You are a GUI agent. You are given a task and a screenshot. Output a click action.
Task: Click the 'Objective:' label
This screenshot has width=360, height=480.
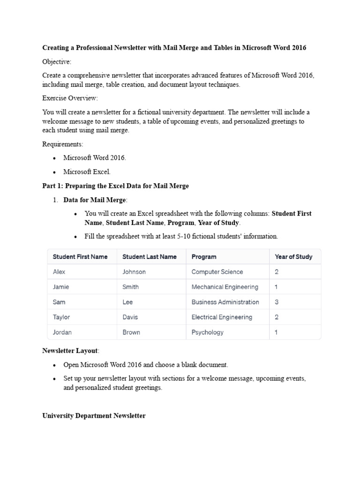tap(57, 62)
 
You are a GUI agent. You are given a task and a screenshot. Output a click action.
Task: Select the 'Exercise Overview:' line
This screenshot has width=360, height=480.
tap(70, 98)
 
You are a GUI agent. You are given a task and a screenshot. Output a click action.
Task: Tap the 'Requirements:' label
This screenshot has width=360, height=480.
tap(63, 144)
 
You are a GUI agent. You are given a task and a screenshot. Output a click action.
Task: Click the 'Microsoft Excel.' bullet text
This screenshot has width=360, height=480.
tap(87, 172)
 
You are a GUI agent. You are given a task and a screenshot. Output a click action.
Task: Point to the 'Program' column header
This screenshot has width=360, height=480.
tap(204, 257)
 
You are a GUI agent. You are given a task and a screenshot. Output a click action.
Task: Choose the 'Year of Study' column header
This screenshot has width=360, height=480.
tap(293, 257)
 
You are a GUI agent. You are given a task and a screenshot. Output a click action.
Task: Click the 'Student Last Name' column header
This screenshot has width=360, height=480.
tap(150, 257)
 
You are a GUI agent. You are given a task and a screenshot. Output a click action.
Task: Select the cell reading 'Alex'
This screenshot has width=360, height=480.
tap(59, 272)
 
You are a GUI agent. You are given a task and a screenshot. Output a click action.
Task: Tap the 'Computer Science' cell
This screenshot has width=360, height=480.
tap(217, 272)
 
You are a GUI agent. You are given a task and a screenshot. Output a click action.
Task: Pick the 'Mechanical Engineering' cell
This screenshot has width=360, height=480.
tap(225, 287)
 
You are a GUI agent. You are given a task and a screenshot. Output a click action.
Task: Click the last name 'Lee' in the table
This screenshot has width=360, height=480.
tap(127, 302)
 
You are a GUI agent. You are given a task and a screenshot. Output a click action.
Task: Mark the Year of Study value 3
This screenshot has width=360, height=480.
tap(277, 302)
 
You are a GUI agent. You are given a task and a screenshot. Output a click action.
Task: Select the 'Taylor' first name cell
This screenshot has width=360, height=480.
tap(61, 317)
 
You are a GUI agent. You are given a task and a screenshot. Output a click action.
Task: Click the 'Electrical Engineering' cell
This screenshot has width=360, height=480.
tap(222, 317)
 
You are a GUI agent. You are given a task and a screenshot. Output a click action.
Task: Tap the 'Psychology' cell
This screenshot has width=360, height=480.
tap(207, 332)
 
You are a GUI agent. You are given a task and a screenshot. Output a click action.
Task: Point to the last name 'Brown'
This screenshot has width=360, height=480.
tap(131, 332)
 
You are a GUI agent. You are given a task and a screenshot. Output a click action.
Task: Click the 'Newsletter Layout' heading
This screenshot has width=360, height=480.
tap(70, 351)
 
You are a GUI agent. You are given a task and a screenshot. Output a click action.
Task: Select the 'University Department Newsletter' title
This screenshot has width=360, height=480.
tap(94, 416)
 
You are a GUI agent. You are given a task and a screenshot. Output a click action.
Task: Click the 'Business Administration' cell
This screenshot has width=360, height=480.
tap(225, 302)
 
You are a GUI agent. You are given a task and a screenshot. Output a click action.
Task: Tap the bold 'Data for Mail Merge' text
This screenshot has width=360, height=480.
tap(94, 200)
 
